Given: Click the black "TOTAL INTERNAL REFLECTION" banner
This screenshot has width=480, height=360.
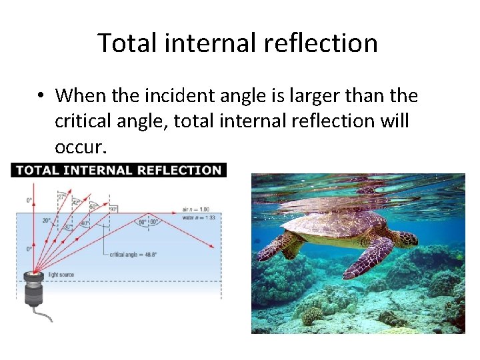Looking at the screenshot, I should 119,170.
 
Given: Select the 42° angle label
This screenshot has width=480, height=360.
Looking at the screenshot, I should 77,201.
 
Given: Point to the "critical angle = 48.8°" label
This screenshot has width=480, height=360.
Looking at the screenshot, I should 133,255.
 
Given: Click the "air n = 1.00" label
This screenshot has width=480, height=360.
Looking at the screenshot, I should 194,209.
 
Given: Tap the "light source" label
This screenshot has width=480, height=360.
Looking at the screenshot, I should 61,274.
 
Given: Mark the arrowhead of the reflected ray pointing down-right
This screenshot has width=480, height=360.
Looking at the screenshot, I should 211,247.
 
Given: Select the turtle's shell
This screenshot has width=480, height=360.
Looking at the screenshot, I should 340,223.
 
